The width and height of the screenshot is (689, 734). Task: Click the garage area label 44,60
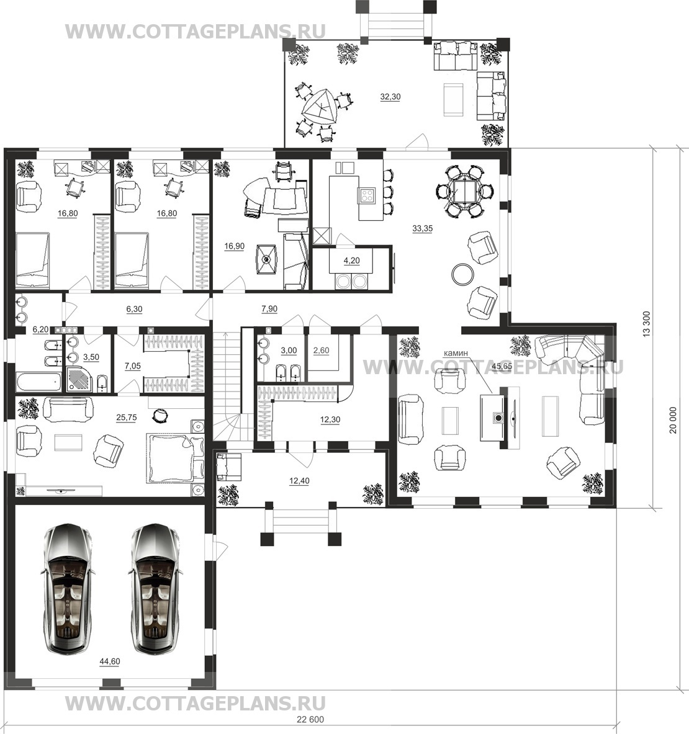[110, 661]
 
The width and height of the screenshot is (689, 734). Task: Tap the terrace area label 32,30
[390, 97]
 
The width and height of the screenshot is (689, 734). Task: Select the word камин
[457, 354]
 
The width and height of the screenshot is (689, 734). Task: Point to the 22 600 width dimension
[310, 720]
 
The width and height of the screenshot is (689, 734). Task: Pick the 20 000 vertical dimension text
[673, 420]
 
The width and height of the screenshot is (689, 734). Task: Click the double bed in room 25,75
[176, 458]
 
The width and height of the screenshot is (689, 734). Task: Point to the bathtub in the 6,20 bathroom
[38, 382]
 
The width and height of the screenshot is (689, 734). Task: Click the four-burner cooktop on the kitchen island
[367, 195]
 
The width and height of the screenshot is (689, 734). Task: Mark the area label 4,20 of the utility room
[352, 261]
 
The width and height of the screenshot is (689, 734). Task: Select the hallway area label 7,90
[269, 309]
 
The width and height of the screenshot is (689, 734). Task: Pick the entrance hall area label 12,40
[299, 481]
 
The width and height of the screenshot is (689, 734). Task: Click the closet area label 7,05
[133, 366]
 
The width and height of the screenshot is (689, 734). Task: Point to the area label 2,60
[322, 350]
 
